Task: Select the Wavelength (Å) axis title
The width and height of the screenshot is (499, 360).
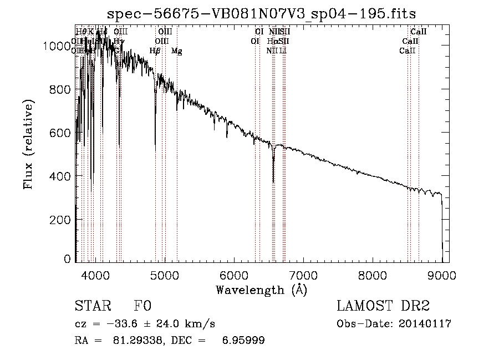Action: (261, 290)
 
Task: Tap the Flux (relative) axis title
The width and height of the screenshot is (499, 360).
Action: (28, 144)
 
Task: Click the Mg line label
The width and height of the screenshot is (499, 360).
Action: (176, 51)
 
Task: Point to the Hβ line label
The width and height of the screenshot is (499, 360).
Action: (155, 51)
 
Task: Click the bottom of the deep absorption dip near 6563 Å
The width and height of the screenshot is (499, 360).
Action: (273, 181)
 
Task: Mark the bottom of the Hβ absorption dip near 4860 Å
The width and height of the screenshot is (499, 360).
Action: (155, 149)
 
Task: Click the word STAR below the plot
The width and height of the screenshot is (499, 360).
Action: (91, 307)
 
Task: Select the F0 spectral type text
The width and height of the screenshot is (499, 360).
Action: (142, 307)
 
